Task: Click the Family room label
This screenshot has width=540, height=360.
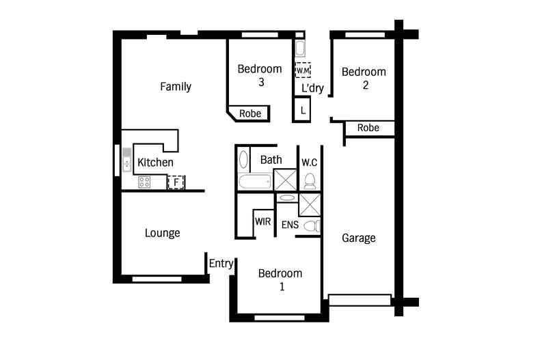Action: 176,86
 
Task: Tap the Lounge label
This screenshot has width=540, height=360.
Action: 162,233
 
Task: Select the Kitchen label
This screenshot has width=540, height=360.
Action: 155,163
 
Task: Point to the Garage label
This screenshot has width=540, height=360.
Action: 358,238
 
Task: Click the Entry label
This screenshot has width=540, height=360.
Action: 221,264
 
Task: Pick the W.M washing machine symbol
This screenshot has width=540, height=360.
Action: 303,70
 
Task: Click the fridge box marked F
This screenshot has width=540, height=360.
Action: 176,182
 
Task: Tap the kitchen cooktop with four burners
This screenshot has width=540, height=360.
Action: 144,182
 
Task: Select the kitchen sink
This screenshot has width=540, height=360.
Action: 126,160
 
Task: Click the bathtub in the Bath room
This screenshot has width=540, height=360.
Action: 254,182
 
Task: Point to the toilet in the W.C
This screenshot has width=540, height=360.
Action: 310,182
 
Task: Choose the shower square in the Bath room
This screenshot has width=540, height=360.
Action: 285,180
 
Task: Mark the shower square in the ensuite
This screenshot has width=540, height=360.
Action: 309,205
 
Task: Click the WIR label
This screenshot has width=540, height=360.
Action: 262,221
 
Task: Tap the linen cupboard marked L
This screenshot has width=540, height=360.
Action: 301,110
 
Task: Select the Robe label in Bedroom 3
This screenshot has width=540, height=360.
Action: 250,113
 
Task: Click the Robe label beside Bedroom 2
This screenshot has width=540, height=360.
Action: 368,128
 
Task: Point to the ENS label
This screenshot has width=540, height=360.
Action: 290,225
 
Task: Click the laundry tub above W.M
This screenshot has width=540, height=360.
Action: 300,49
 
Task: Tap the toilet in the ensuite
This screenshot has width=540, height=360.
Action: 312,226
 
